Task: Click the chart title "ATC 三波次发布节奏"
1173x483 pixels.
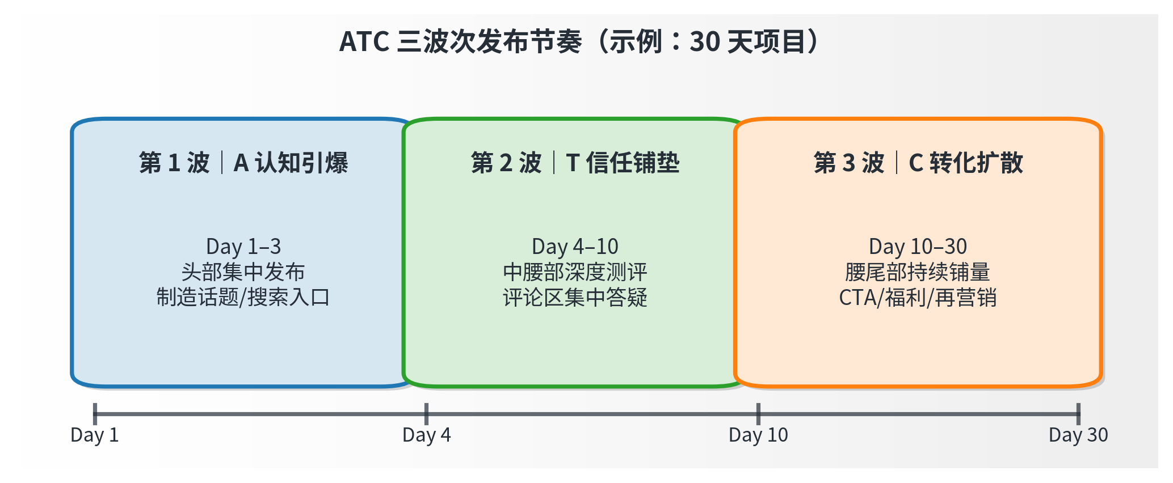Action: (x=461, y=41)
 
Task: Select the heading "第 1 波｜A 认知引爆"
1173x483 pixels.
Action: (x=243, y=163)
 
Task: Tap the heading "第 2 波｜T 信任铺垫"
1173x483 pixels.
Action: (x=575, y=163)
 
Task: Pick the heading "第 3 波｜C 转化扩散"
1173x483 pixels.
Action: (x=918, y=163)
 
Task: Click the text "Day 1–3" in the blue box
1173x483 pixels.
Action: (x=243, y=247)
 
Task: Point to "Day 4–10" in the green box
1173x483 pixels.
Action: (x=575, y=247)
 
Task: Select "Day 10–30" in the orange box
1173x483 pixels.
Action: (x=918, y=247)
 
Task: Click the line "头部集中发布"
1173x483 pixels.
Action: (x=243, y=272)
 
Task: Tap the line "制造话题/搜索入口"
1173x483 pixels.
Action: (x=243, y=297)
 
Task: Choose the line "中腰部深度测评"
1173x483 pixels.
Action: (x=575, y=272)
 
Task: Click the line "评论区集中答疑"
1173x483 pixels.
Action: (x=575, y=297)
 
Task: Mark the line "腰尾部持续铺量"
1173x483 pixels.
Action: (x=918, y=272)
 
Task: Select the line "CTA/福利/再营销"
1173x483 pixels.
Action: (x=918, y=297)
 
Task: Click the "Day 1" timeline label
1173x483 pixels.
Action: (x=95, y=435)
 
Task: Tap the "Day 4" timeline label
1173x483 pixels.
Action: (x=427, y=435)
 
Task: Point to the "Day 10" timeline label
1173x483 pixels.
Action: (x=758, y=435)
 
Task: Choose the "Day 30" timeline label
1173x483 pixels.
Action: (x=1078, y=435)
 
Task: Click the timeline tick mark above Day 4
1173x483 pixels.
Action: (x=426, y=414)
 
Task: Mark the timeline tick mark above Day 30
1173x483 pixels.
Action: (x=1078, y=414)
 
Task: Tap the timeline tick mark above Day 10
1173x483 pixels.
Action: (x=758, y=414)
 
